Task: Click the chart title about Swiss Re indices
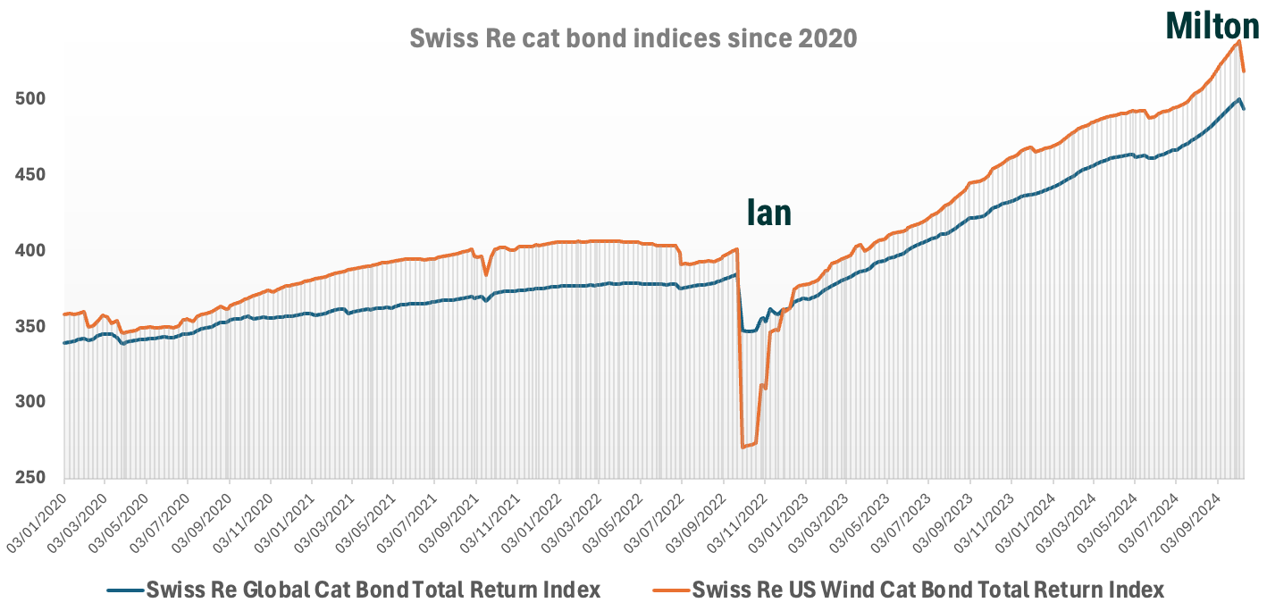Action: tap(633, 38)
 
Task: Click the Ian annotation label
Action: tap(768, 213)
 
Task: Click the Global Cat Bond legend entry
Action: tap(353, 590)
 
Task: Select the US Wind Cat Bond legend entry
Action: tap(908, 590)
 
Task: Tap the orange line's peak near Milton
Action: tap(1239, 41)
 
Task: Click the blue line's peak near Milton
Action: tap(1238, 99)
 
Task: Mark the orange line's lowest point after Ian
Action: tap(743, 447)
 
